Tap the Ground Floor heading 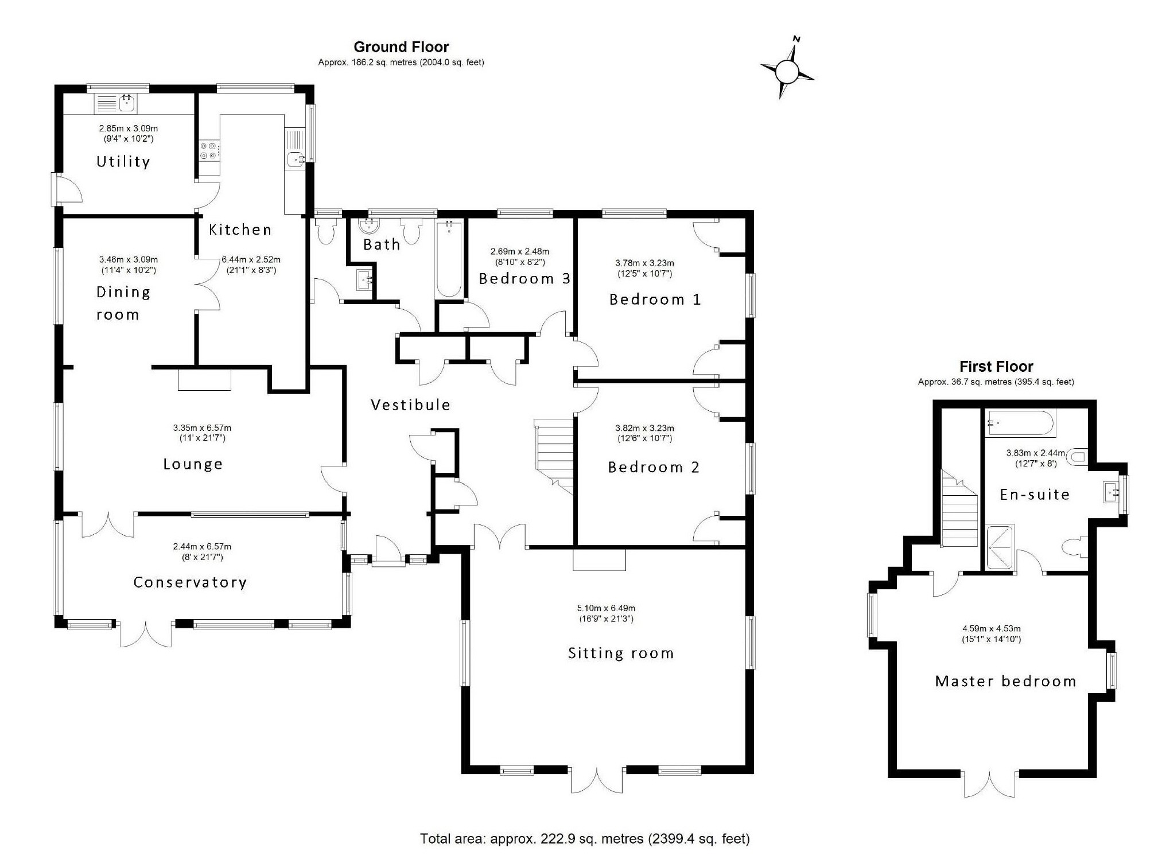[x=401, y=47]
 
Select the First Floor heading [x=996, y=367]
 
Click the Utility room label [x=123, y=162]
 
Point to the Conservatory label [x=190, y=582]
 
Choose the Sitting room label [x=621, y=653]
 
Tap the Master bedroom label [x=1005, y=681]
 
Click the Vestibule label [x=410, y=405]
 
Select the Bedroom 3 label [x=524, y=279]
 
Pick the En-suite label [x=1035, y=495]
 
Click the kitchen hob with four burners [x=209, y=150]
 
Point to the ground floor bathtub [x=449, y=259]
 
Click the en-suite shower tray [x=1000, y=547]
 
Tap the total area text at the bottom [x=585, y=839]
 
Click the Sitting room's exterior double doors [x=597, y=780]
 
